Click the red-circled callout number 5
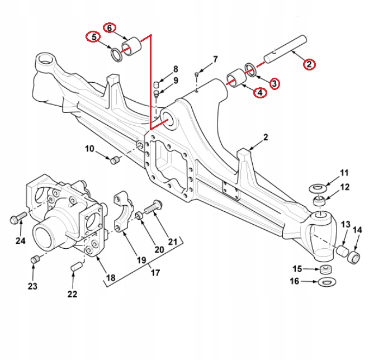point(92,37)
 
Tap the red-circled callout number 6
point(110,27)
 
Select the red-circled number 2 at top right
point(309,63)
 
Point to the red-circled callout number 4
point(260,92)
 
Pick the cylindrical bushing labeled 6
point(135,48)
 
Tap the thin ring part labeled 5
point(116,55)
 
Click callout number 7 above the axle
point(215,59)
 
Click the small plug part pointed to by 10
point(115,161)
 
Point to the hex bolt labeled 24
point(16,217)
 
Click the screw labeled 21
point(153,207)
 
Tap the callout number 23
point(33,286)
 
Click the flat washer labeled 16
point(327,282)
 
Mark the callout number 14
point(357,229)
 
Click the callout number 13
point(345,225)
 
